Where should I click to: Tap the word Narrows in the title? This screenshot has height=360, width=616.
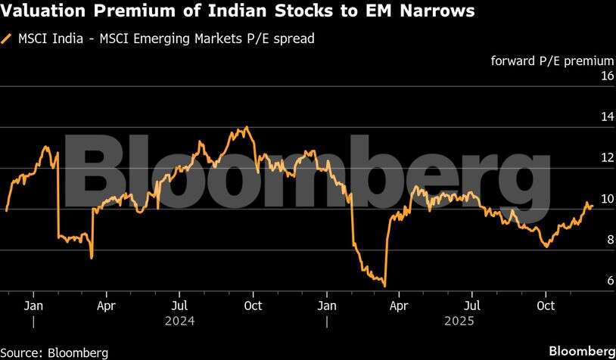[x=442, y=12]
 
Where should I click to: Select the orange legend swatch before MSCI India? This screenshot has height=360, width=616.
[x=8, y=38]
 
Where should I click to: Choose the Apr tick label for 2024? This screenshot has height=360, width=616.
[x=107, y=306]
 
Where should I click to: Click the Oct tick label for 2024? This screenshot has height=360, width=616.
[x=254, y=306]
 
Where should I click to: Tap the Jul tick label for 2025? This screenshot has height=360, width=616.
[x=472, y=306]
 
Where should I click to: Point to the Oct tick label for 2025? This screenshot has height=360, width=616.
[x=546, y=306]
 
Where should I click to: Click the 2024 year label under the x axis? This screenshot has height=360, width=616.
[x=180, y=321]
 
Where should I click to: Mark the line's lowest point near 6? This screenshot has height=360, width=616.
[x=385, y=286]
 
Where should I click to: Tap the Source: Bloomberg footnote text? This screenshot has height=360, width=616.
[x=54, y=352]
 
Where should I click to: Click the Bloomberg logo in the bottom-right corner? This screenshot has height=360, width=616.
[x=581, y=352]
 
